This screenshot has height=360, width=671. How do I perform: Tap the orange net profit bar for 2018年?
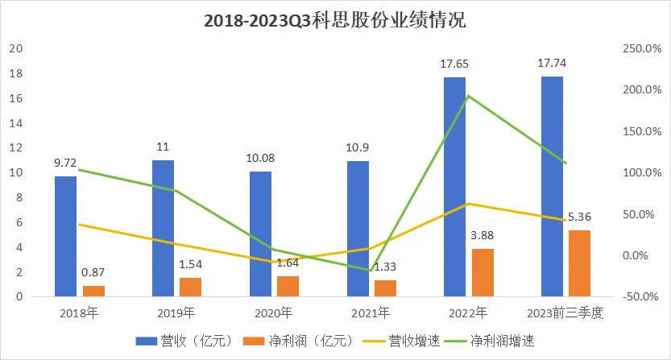tap(93, 291)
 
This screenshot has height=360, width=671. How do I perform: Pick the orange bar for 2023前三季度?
tap(579, 263)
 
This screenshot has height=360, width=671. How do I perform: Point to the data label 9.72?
tap(65, 163)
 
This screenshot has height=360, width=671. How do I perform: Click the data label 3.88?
tap(481, 235)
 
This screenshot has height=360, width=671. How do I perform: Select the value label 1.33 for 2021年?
tap(384, 267)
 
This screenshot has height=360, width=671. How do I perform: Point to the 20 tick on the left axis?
tap(14, 49)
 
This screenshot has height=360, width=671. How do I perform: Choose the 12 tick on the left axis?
tap(14, 148)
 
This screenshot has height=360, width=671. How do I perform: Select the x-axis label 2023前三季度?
tap(563, 312)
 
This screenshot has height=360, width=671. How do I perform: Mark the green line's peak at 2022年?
tap(468, 96)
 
